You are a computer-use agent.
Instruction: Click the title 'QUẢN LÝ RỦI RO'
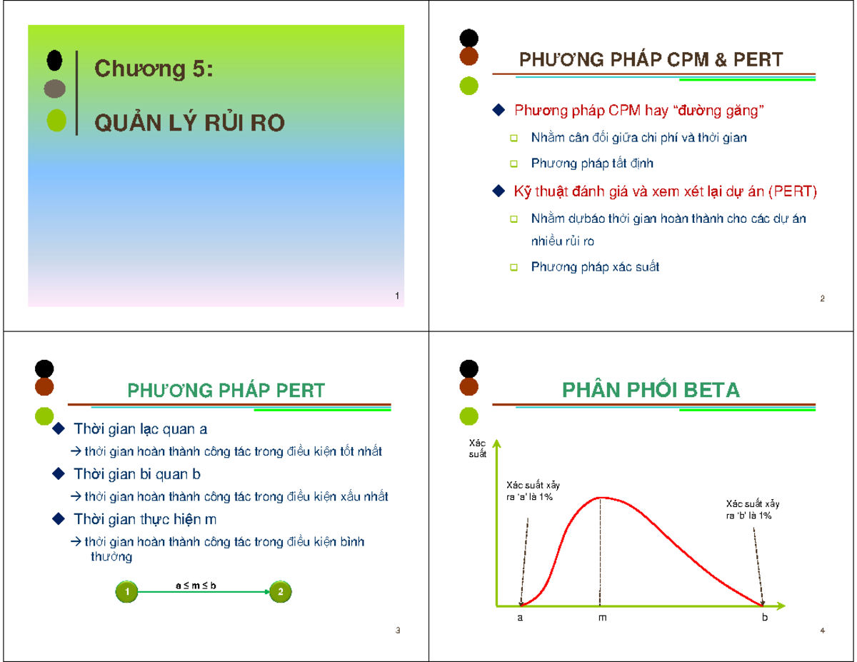point(190,124)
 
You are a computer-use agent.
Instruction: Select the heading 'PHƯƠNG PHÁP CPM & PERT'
point(650,59)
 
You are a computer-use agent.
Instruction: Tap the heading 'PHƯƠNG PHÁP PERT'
point(226,391)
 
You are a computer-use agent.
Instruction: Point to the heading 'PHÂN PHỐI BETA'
point(651,391)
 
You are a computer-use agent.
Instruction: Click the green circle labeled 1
point(126,592)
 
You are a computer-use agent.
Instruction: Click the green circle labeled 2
point(281,592)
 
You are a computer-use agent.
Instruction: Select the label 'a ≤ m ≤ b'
point(196,586)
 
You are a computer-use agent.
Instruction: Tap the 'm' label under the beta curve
point(602,618)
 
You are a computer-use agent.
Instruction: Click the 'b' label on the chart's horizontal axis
point(764,618)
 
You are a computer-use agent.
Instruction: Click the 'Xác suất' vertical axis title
point(478,449)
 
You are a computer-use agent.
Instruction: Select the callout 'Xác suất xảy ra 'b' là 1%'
point(752,510)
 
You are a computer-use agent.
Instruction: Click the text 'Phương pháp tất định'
point(592,164)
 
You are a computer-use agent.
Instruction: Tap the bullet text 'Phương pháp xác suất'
point(595,267)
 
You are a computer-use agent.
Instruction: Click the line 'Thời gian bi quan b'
point(137,474)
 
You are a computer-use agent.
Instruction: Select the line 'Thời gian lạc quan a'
point(141,429)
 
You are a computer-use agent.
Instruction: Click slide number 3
point(398,630)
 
